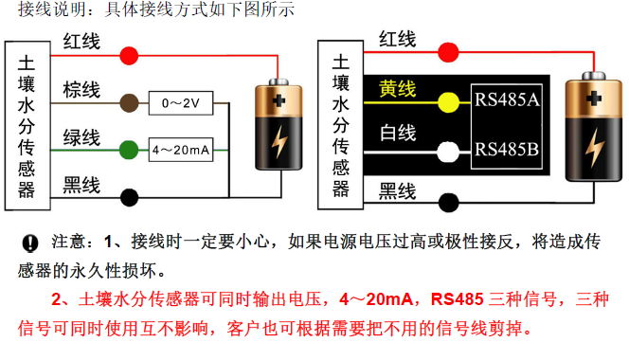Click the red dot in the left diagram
[x=129, y=55]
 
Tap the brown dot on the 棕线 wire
[x=129, y=103]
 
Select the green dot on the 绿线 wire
[x=129, y=150]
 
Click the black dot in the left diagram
[x=129, y=197]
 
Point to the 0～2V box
[x=181, y=103]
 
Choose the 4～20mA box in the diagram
[x=181, y=150]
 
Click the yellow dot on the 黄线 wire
[x=448, y=102]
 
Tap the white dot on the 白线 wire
[x=448, y=153]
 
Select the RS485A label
[x=507, y=99]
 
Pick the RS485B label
[x=507, y=150]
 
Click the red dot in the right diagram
[x=448, y=52]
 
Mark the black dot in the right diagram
[x=448, y=203]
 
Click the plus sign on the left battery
[x=279, y=100]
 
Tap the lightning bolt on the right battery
[x=594, y=148]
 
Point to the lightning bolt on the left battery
[x=279, y=141]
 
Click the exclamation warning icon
[x=29, y=243]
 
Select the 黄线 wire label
[x=397, y=89]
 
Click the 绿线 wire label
[x=81, y=137]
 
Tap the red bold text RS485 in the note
[x=458, y=299]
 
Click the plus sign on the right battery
[x=594, y=99]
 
